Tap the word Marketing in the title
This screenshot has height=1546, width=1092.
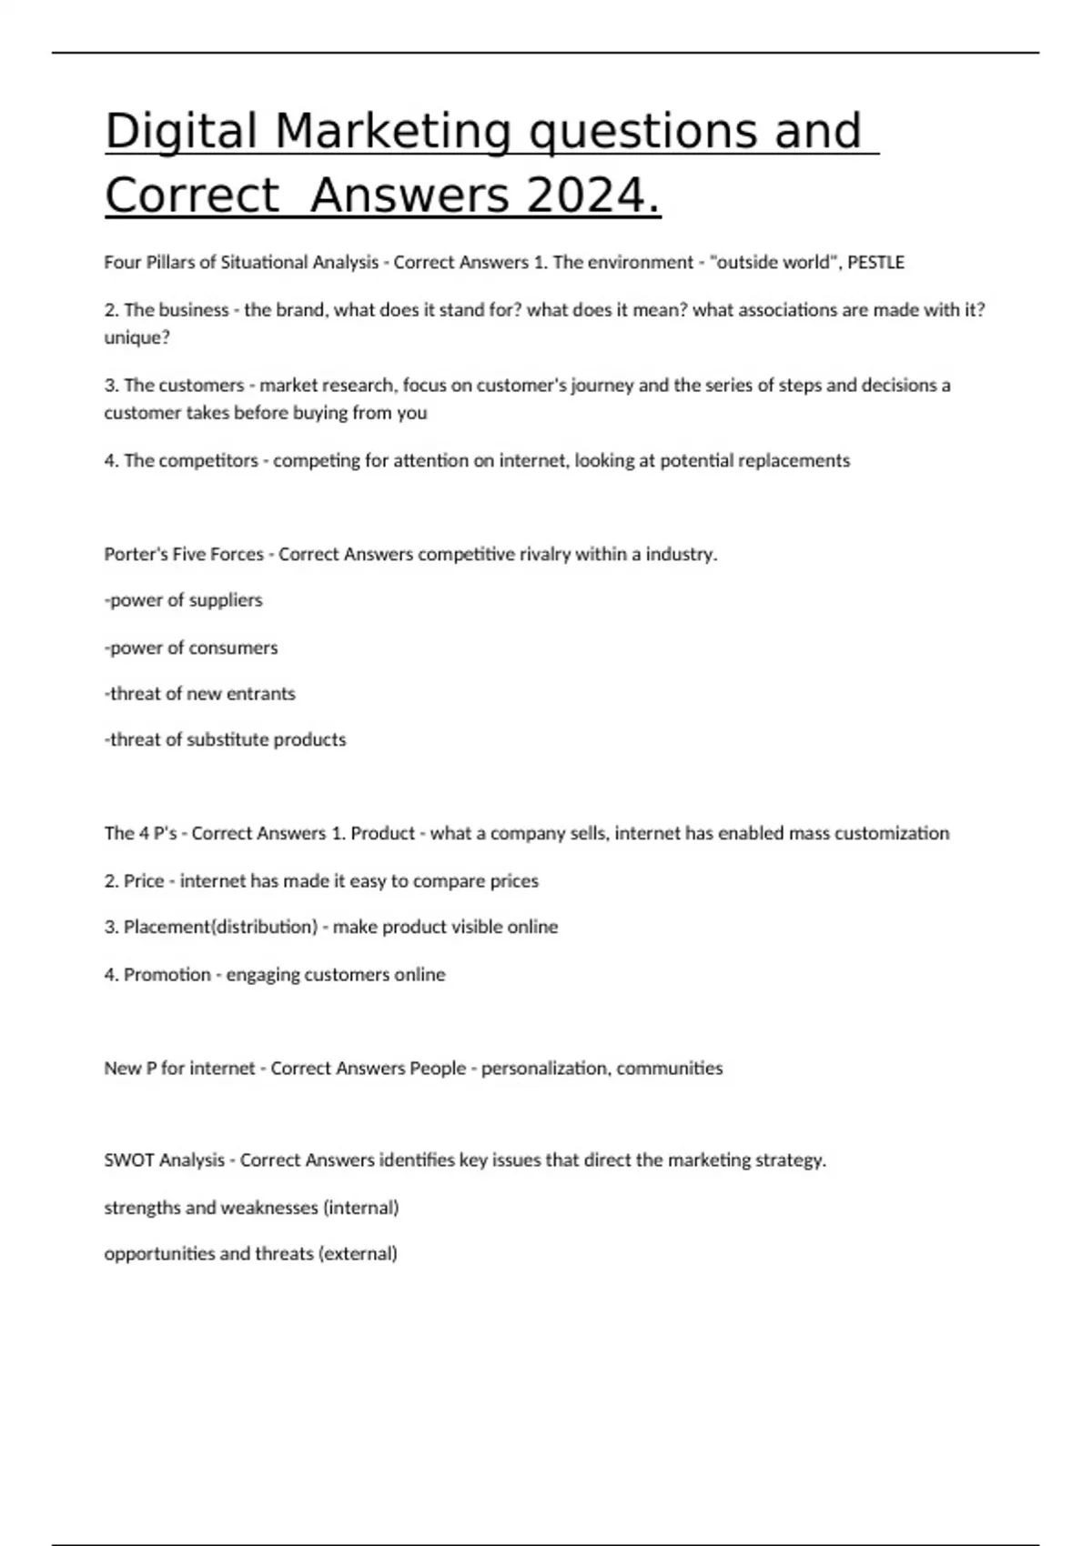tap(392, 130)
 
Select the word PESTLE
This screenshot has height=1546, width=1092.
tap(875, 263)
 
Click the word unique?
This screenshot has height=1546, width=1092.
tap(137, 337)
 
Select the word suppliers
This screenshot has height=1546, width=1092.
tap(225, 601)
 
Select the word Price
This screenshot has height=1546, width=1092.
tap(144, 881)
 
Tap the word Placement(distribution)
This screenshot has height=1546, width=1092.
tap(220, 928)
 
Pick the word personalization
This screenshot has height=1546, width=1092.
tap(545, 1069)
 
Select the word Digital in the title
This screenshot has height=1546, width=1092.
tap(181, 130)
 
